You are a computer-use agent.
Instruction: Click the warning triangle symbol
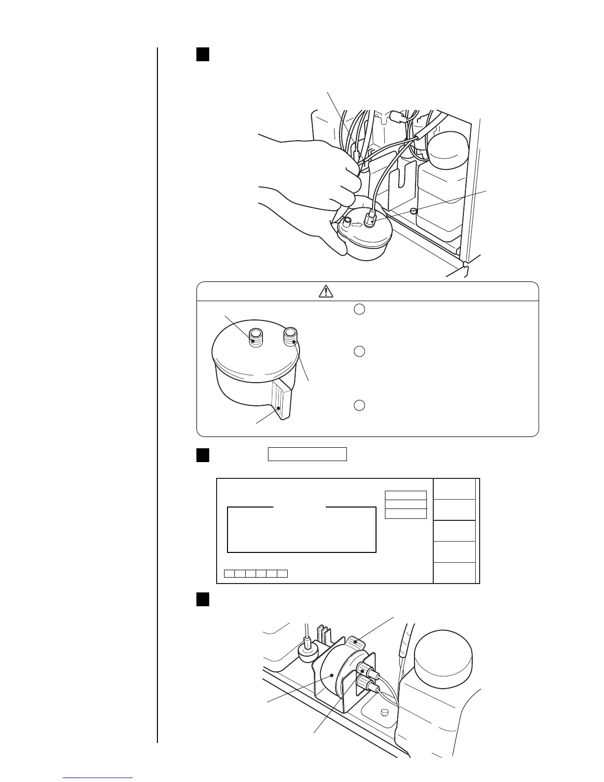[x=326, y=291]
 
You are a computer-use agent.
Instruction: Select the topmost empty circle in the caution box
[x=360, y=310]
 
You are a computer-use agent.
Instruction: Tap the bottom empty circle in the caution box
[x=360, y=405]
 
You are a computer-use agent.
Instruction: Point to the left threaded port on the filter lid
[x=255, y=337]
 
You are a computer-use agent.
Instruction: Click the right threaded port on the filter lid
[x=290, y=337]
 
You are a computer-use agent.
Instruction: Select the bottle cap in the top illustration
[x=448, y=149]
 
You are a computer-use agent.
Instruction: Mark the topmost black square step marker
[x=203, y=54]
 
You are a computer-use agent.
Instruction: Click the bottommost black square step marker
[x=203, y=599]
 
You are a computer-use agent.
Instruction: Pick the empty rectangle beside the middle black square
[x=307, y=454]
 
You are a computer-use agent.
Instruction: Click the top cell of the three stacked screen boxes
[x=405, y=496]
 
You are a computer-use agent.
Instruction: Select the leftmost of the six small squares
[x=229, y=573]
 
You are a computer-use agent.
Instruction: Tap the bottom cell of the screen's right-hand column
[x=454, y=573]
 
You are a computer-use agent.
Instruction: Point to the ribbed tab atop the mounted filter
[x=356, y=642]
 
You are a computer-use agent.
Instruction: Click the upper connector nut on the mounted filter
[x=366, y=671]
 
